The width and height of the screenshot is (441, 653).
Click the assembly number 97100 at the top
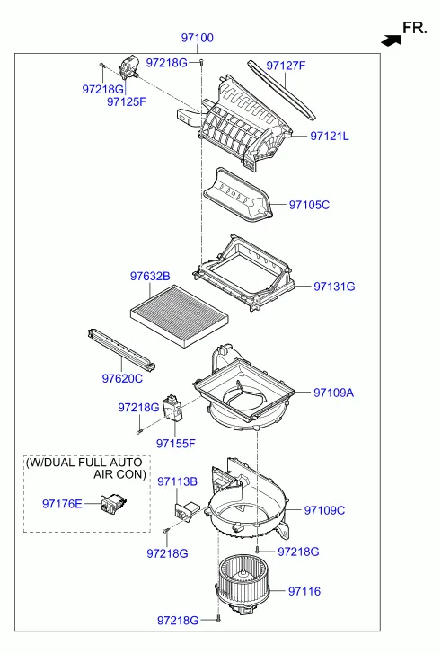point(197,38)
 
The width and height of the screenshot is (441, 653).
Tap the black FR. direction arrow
point(391,40)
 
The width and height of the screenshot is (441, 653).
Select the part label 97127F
point(286,66)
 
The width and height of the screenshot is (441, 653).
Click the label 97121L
point(330,137)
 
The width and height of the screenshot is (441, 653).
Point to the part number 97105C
point(309,205)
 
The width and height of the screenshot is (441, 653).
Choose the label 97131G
point(334,287)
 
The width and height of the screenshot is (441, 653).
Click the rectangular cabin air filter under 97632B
point(180,316)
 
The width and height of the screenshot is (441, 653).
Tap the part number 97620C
point(122,378)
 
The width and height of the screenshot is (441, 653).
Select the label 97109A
point(333,393)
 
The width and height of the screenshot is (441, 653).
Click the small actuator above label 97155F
point(172,408)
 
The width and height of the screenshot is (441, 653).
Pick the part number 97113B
point(177,481)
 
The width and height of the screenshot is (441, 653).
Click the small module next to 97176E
point(113,503)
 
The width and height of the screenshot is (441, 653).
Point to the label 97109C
point(324,510)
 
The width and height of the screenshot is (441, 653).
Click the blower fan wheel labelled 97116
point(243,584)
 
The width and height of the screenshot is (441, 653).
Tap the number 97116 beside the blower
point(304,591)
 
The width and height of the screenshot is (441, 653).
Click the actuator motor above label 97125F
point(129,67)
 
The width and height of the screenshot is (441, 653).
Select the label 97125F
point(127,102)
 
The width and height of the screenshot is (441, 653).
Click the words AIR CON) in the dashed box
point(119,474)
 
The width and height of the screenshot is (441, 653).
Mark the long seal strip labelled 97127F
point(281,90)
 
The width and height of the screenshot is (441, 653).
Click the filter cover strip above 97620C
point(121,349)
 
